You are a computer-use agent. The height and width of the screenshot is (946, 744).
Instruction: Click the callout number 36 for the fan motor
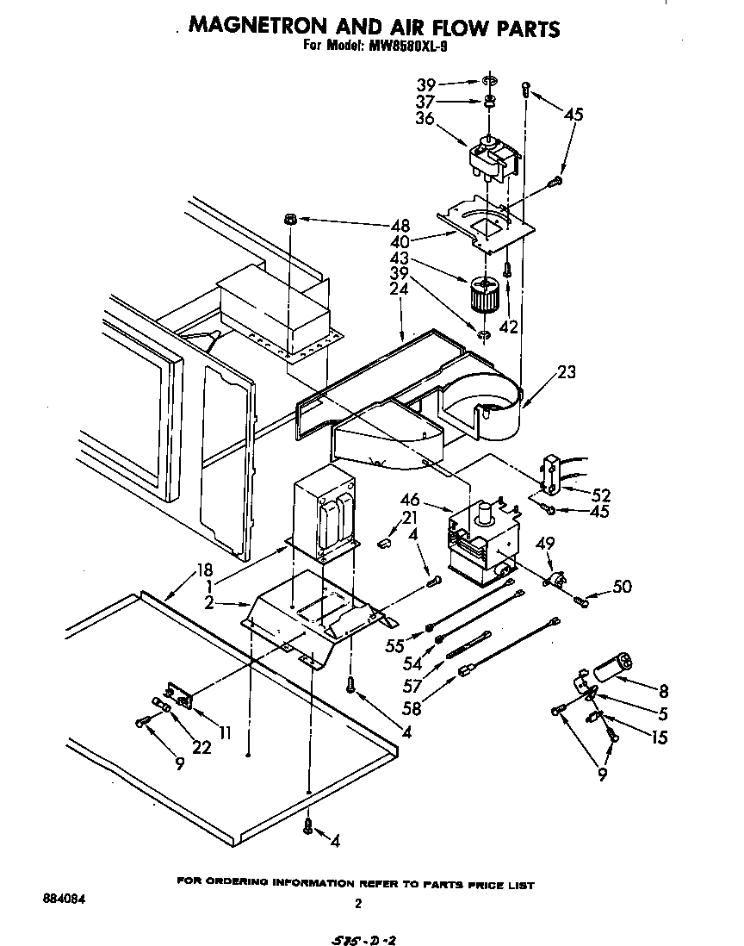coord(425,119)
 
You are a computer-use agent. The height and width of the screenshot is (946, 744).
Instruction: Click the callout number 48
coord(400,226)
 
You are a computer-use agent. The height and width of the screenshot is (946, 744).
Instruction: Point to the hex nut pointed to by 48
coord(290,221)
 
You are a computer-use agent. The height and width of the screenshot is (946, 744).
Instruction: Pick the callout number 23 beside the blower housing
coord(567,373)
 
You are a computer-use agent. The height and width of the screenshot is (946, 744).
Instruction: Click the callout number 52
coord(601,495)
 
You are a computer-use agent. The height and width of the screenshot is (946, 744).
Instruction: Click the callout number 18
coord(204,570)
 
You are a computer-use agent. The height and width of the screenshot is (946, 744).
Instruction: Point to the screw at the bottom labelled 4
coord(307,826)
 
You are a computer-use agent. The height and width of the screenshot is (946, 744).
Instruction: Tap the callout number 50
coord(622,588)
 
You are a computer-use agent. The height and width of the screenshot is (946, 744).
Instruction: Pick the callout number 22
coord(201,748)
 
